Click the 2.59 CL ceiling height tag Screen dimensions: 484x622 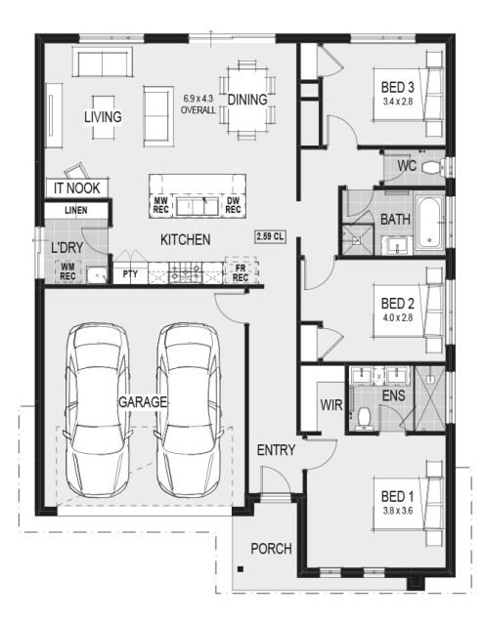pyautogui.click(x=270, y=237)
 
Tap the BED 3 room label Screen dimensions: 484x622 pyautogui.click(x=397, y=87)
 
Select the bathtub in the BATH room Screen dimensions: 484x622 pyautogui.click(x=429, y=223)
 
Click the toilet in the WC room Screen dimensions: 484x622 pyautogui.click(x=432, y=167)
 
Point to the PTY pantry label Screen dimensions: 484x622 pyautogui.click(x=130, y=273)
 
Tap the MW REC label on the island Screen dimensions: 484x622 pyautogui.click(x=161, y=205)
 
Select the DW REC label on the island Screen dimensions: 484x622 pyautogui.click(x=233, y=205)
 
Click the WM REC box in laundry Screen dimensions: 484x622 pyautogui.click(x=67, y=271)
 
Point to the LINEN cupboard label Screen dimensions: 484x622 pyautogui.click(x=76, y=210)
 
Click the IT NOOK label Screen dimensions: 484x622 pyautogui.click(x=77, y=188)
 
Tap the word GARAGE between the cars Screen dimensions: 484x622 pyautogui.click(x=142, y=402)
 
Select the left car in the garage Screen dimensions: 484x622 pyautogui.click(x=98, y=410)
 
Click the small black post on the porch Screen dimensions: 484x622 pyautogui.click(x=240, y=569)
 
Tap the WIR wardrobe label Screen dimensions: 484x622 pyautogui.click(x=331, y=405)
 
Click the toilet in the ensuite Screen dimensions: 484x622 pyautogui.click(x=363, y=419)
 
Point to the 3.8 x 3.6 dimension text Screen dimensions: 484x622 pyautogui.click(x=397, y=511)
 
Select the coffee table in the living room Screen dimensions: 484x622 pyautogui.click(x=104, y=117)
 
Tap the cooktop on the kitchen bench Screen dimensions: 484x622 pyautogui.click(x=185, y=272)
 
